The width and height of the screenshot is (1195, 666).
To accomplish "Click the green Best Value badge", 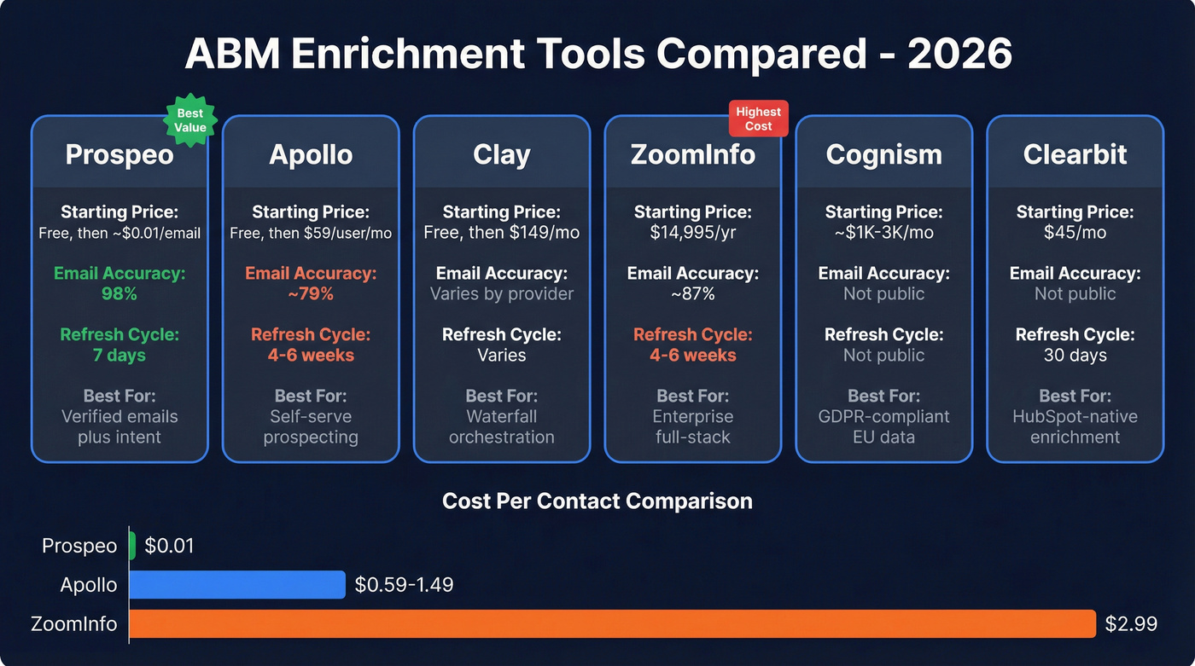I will coord(190,120).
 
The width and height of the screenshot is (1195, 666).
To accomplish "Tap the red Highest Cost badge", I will coord(758,119).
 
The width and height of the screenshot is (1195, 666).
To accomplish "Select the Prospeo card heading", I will coord(119,154).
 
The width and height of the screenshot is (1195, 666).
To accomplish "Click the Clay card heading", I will coord(502,154).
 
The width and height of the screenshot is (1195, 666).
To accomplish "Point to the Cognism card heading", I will coord(883,154).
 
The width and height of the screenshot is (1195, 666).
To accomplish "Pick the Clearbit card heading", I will coord(1075,154).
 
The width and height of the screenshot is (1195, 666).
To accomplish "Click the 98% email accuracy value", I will coord(119,294).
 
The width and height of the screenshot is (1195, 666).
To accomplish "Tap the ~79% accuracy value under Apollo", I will coord(311,294).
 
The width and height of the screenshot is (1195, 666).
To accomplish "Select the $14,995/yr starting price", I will coord(692,233).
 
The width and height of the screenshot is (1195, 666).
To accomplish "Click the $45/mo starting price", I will coord(1075,233).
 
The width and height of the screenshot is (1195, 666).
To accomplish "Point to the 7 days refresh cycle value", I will coord(119,356).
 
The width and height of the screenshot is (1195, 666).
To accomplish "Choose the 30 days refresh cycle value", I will coord(1075,356).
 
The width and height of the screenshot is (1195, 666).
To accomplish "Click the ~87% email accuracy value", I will coord(692,294).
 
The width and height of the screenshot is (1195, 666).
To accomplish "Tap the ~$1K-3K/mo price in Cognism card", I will coord(883,233).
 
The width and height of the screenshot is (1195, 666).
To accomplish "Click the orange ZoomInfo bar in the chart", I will coord(611,623).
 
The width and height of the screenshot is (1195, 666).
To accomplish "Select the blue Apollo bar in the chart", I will coord(237,585).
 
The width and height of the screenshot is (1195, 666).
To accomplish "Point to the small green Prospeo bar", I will coord(132,546).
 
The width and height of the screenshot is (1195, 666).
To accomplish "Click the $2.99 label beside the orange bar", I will coord(1131,623).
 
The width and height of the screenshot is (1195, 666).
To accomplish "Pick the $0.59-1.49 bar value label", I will coord(404,585).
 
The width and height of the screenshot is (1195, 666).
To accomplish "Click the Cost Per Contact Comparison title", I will coord(597,501).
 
